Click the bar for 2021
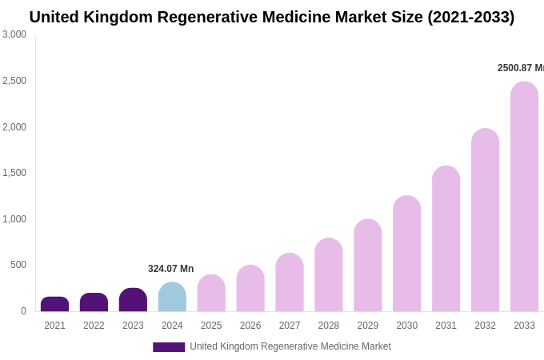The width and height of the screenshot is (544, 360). click(x=54, y=304)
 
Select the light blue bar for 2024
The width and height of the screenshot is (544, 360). click(x=172, y=297)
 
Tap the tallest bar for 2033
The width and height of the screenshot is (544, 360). click(x=524, y=197)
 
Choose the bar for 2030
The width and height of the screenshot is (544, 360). click(x=406, y=254)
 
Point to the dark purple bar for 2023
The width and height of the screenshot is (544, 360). click(x=133, y=300)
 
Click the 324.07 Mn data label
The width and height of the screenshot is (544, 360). click(x=170, y=269)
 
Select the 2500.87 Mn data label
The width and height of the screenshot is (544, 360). click(x=520, y=68)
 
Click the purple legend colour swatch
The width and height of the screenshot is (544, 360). click(x=169, y=347)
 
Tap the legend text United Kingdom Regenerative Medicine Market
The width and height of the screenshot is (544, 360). click(x=290, y=346)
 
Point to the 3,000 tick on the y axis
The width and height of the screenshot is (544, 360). click(x=14, y=34)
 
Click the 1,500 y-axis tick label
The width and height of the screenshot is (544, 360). click(x=14, y=173)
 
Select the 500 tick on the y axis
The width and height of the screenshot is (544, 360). click(x=18, y=265)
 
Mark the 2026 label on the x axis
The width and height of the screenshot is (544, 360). click(x=250, y=326)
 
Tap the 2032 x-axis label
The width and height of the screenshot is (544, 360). click(x=485, y=326)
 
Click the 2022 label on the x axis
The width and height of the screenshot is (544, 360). click(x=94, y=326)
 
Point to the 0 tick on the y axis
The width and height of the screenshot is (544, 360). click(x=23, y=311)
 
